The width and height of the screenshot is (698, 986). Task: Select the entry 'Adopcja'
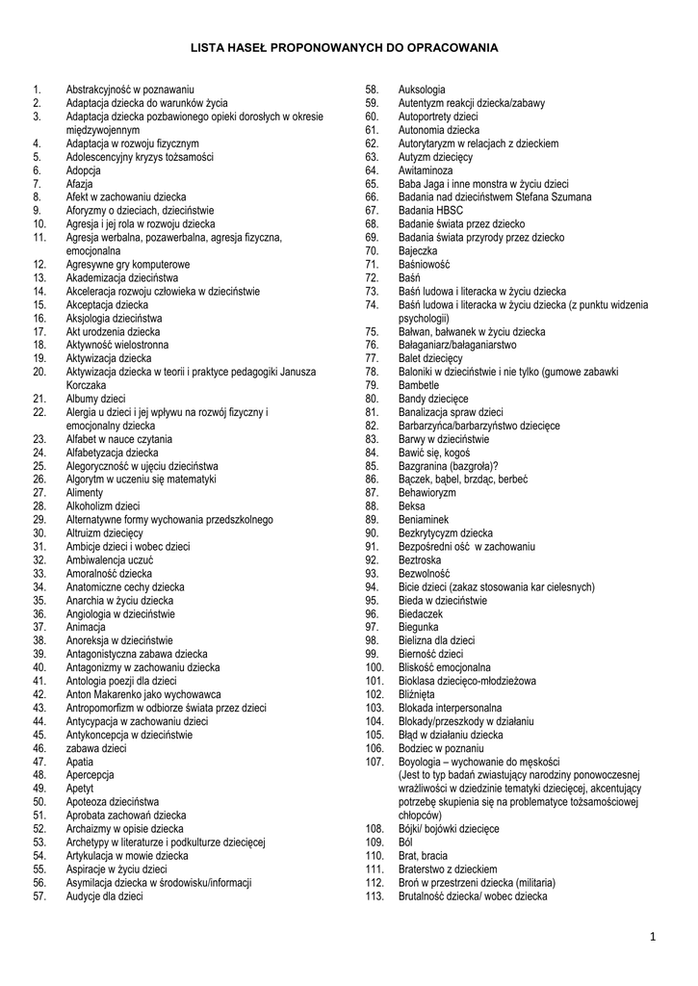point(84,169)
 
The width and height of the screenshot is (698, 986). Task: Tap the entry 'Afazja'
point(80,183)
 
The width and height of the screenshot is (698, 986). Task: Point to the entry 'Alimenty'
point(85,492)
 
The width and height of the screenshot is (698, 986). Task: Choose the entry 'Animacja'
point(87,627)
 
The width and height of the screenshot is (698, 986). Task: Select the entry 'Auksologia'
point(422,89)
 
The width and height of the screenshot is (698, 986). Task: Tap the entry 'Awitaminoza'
point(426,169)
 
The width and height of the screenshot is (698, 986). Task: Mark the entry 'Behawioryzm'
point(427,492)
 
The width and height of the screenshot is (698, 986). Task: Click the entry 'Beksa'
point(411,506)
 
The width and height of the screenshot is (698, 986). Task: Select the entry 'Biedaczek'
point(421,613)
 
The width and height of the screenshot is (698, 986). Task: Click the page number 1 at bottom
point(652,937)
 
